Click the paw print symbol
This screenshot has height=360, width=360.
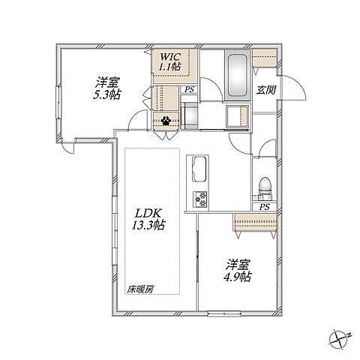tap(166, 121)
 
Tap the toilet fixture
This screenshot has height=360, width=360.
tap(265, 188)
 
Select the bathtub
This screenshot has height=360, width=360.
tap(238, 75)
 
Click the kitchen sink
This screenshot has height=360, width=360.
tap(200, 169)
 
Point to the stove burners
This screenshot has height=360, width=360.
tap(200, 199)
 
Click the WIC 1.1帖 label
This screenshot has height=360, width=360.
tap(170, 61)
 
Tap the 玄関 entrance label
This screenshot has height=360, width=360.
tap(265, 90)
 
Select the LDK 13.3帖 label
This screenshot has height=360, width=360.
tap(148, 219)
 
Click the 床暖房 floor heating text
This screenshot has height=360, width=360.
tap(140, 289)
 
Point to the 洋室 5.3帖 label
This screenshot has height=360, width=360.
tap(107, 88)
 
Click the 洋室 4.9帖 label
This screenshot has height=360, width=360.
tap(238, 271)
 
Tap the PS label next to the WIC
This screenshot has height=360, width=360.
tap(189, 90)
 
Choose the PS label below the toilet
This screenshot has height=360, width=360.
tap(265, 207)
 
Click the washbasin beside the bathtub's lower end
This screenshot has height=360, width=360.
tap(238, 116)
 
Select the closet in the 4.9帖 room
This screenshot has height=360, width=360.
tap(255, 222)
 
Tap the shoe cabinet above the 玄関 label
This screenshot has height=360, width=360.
tap(265, 58)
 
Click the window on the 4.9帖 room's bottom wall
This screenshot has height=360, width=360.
tap(224, 313)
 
